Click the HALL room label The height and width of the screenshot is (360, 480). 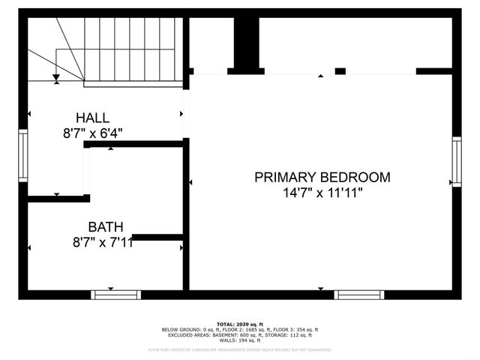click(92, 118)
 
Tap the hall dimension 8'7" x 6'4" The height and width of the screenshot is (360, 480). click(92, 133)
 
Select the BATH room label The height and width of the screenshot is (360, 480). click(106, 226)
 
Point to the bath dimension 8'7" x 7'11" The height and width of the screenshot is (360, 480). click(103, 241)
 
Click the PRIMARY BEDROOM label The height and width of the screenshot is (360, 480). click(322, 178)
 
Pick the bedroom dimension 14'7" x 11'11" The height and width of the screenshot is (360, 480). click(322, 193)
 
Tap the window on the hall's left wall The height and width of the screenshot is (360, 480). click(23, 155)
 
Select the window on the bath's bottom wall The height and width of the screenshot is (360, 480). click(115, 295)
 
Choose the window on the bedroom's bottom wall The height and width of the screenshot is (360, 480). click(358, 295)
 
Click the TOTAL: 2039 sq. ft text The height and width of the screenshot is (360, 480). click(240, 324)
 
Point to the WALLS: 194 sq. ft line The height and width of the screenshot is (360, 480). click(240, 340)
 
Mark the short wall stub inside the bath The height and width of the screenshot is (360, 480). click(157, 238)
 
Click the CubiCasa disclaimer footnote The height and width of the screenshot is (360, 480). click(240, 349)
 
